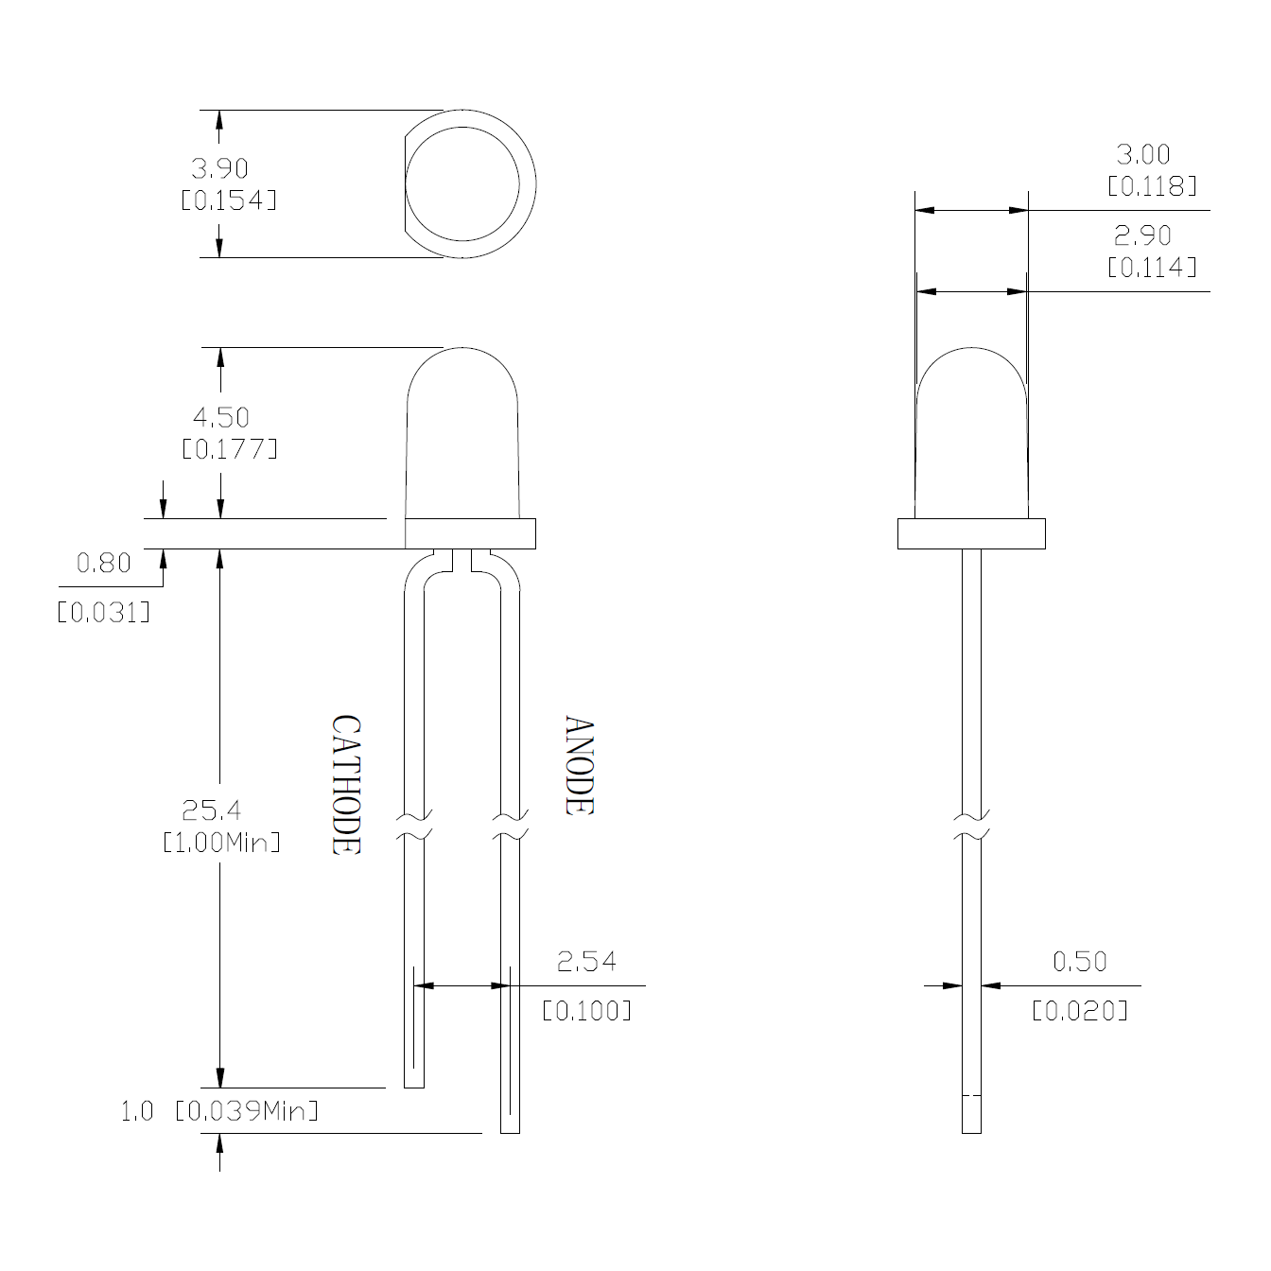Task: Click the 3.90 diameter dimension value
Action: pos(219,168)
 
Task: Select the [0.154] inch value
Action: pos(229,200)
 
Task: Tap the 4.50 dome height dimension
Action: pos(221,417)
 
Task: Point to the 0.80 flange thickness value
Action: pos(103,564)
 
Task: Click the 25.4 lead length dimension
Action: pos(211,810)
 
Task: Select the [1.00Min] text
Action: pos(221,842)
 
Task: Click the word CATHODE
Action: pos(346,785)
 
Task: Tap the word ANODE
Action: pos(579,766)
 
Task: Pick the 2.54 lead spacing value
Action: pos(586,962)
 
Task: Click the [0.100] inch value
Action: pos(586,1011)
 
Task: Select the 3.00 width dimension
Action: pos(1142,154)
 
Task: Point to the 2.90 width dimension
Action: pos(1142,235)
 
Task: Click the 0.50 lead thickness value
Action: pos(1079,962)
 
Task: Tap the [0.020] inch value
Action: pos(1079,1011)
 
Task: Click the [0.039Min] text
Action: pos(247,1110)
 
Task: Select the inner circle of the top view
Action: pos(462,184)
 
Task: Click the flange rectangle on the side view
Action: pos(971,533)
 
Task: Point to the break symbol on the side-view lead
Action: pos(971,826)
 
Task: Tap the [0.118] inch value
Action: pos(1152,186)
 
